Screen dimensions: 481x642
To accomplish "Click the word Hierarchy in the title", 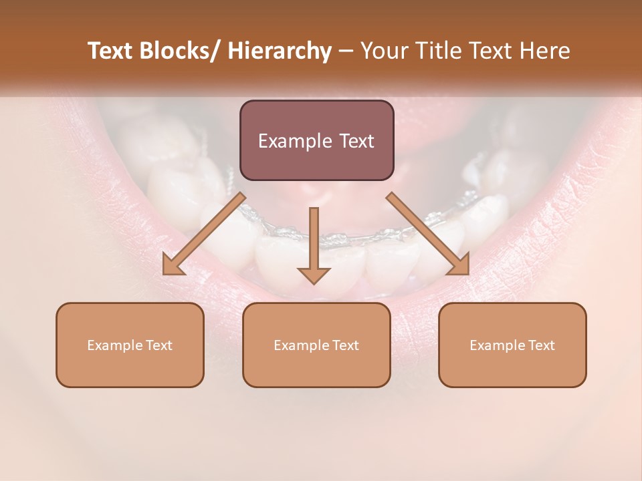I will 279,51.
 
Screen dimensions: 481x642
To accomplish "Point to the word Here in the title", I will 545,51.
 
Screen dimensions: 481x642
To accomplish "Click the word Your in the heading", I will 385,51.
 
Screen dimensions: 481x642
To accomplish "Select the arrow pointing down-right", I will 428,234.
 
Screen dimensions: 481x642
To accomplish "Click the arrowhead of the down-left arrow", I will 173,265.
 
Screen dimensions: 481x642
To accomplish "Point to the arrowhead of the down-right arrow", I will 459,265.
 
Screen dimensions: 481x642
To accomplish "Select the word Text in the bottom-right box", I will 541,345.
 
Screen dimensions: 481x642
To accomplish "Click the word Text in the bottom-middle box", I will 345,345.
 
